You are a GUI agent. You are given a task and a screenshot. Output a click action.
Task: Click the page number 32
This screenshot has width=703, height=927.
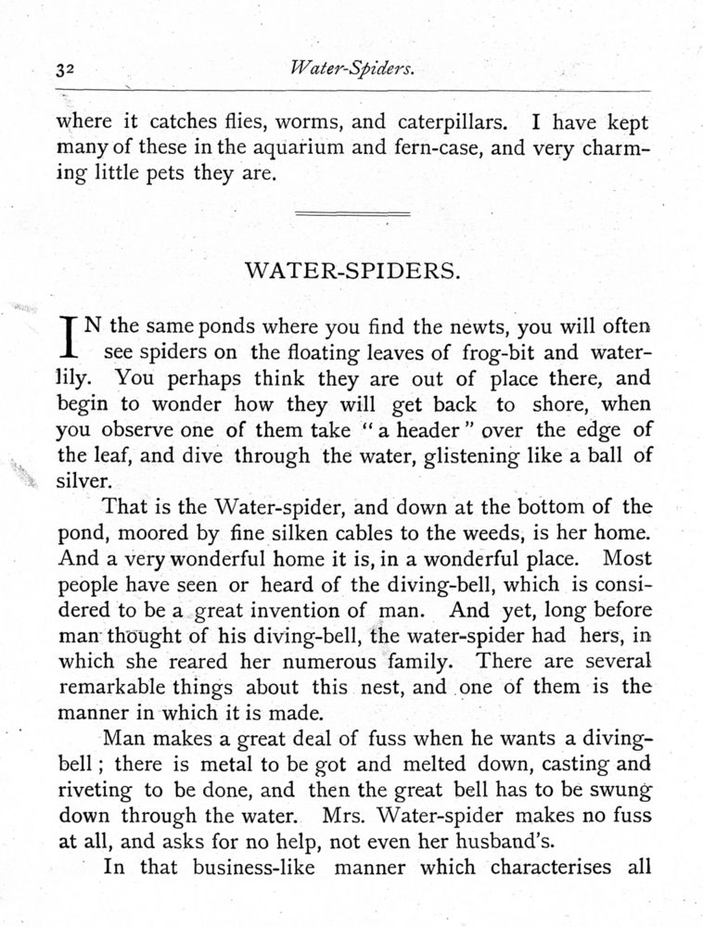tap(66, 69)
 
